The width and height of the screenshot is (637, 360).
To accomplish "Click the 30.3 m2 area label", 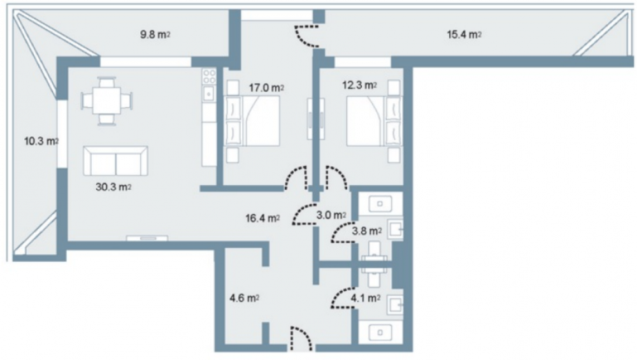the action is [x=113, y=187].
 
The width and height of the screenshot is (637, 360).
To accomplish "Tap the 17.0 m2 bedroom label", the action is [x=266, y=87].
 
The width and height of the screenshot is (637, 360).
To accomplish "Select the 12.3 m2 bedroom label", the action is [x=359, y=85].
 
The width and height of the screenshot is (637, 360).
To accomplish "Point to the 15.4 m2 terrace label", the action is [x=464, y=34].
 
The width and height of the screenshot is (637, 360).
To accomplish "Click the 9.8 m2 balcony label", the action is [x=155, y=34].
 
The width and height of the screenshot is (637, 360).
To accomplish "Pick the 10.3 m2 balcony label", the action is [x=41, y=141].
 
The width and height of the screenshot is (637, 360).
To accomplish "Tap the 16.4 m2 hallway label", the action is [x=262, y=218].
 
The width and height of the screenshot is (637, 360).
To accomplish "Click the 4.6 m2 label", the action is [x=244, y=298].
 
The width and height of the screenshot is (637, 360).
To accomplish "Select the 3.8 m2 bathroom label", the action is [x=366, y=231].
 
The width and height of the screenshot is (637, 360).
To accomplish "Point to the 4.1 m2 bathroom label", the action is [x=366, y=298].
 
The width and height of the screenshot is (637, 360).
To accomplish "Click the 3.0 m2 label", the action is [x=331, y=215].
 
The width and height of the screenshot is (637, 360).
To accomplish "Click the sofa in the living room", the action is [x=116, y=161].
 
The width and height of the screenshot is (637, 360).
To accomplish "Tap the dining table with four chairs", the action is [x=107, y=101].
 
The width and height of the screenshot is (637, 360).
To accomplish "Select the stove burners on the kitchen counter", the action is [x=209, y=76].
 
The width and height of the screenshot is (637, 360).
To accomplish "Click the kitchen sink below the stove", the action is [x=209, y=94].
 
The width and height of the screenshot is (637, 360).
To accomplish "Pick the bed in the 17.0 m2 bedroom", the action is [x=253, y=120].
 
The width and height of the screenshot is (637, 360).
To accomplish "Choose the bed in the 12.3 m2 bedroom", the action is [x=374, y=120].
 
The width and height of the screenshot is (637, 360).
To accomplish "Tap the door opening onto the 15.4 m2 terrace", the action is [x=306, y=36].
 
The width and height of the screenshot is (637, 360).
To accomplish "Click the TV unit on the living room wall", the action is [x=147, y=238].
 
